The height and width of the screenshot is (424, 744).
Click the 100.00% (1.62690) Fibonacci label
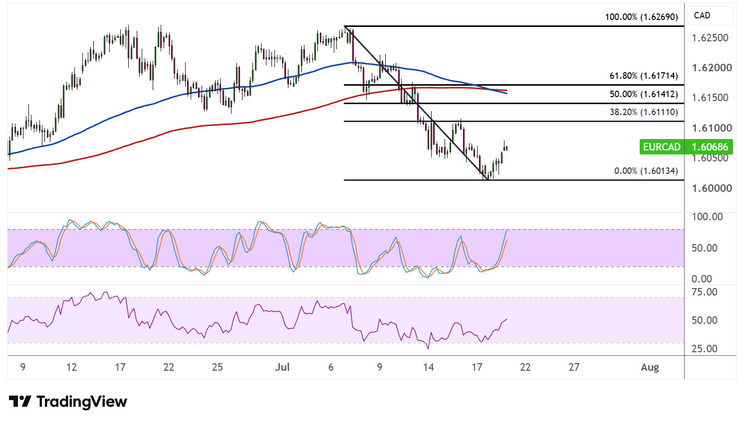pyautogui.click(x=641, y=17)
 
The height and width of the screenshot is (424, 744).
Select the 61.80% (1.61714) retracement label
pyautogui.click(x=644, y=76)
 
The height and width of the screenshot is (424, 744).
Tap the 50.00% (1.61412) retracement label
pyautogui.click(x=644, y=94)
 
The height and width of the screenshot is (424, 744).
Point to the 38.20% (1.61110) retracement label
pyautogui.click(x=644, y=112)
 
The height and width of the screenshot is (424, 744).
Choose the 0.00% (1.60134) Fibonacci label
pyautogui.click(x=646, y=171)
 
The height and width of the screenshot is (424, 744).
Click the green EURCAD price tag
pyautogui.click(x=686, y=146)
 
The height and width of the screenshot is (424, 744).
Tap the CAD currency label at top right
pyautogui.click(x=702, y=15)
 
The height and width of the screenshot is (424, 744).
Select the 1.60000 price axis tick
pyautogui.click(x=712, y=188)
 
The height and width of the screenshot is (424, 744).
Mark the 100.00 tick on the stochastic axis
pyautogui.click(x=707, y=217)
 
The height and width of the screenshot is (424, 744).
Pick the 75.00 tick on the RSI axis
pyautogui.click(x=705, y=292)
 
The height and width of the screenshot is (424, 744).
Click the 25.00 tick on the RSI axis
pyautogui.click(x=705, y=349)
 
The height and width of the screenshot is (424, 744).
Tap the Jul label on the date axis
pyautogui.click(x=282, y=367)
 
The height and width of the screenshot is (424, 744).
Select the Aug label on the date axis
pyautogui.click(x=650, y=367)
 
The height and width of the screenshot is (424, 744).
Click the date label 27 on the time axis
pyautogui.click(x=574, y=367)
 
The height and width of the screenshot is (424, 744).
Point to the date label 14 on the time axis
pyautogui.click(x=429, y=367)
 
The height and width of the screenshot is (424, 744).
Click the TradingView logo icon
pyautogui.click(x=20, y=402)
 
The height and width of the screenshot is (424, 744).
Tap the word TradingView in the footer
pyautogui.click(x=82, y=402)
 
